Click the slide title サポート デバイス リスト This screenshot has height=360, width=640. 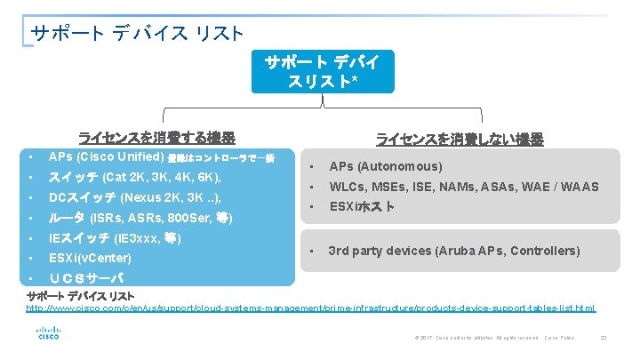137,34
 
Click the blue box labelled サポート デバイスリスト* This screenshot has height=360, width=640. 322,71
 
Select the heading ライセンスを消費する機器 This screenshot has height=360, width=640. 156,138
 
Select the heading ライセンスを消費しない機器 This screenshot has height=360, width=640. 459,139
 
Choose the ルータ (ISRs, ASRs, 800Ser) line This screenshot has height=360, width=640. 140,218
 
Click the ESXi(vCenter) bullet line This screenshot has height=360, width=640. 90,259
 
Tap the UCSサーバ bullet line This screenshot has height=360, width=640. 86,279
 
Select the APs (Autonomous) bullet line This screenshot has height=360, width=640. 386,166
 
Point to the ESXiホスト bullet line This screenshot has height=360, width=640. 362,207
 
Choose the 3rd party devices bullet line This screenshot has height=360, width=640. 454,251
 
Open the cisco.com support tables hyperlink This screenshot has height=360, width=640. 310,308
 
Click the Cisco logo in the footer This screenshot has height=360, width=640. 48,333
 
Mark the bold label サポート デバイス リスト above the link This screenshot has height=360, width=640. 81,296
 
